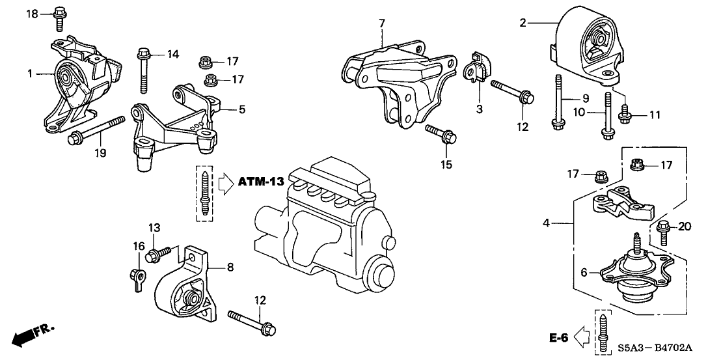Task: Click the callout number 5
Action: (242, 110)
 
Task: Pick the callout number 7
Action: (382, 23)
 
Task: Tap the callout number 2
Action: (523, 23)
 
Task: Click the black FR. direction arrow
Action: (25, 337)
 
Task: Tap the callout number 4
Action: (547, 224)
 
